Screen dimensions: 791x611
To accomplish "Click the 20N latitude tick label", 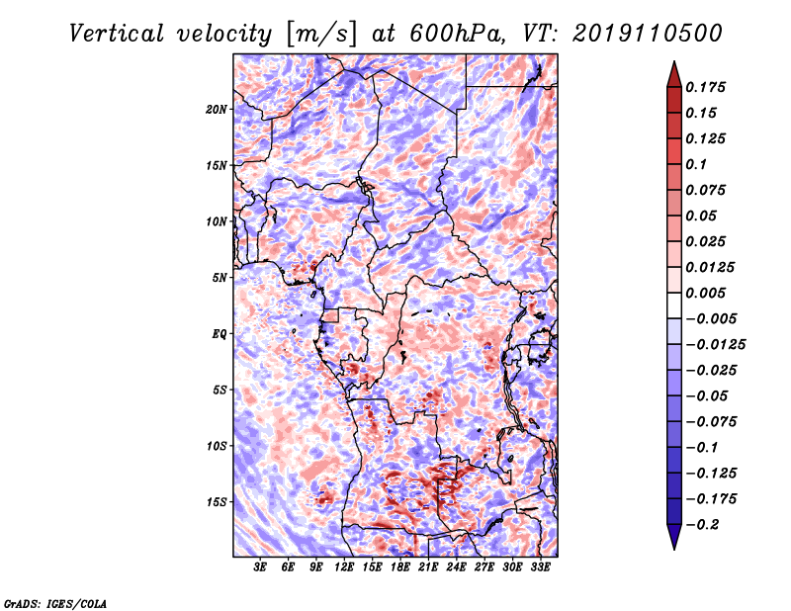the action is pos(217,110).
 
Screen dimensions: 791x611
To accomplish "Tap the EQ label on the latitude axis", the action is pos(220,334).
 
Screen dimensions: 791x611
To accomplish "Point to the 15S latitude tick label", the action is pos(217,502).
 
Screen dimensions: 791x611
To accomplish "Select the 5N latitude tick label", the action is pos(220,278).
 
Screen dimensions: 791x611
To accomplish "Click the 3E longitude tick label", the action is pos(260,567).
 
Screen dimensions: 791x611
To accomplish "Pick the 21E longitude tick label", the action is pos(428,567).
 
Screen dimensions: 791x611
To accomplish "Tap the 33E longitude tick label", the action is pos(540,567).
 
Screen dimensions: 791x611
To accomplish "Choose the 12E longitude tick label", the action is pos(343,567).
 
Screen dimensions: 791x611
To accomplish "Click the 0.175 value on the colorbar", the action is pos(705,87).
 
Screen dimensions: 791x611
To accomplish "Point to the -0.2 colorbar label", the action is pos(702,525).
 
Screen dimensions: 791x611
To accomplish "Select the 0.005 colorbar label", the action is pos(705,293).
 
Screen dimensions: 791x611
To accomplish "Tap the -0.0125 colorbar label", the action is pos(715,345).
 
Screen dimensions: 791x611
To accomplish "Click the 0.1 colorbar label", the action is pos(696,164).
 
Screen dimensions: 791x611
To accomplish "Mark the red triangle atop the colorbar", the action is pos(674,75).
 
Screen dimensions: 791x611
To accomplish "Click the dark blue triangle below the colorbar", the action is pos(674,537).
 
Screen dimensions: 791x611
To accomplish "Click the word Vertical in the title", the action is pos(116,34).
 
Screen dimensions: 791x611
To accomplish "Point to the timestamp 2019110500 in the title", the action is pos(648,34).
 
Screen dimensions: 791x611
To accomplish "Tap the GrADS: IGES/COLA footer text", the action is pos(55,603).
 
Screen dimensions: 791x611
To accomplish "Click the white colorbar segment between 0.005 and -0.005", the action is pos(674,305).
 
